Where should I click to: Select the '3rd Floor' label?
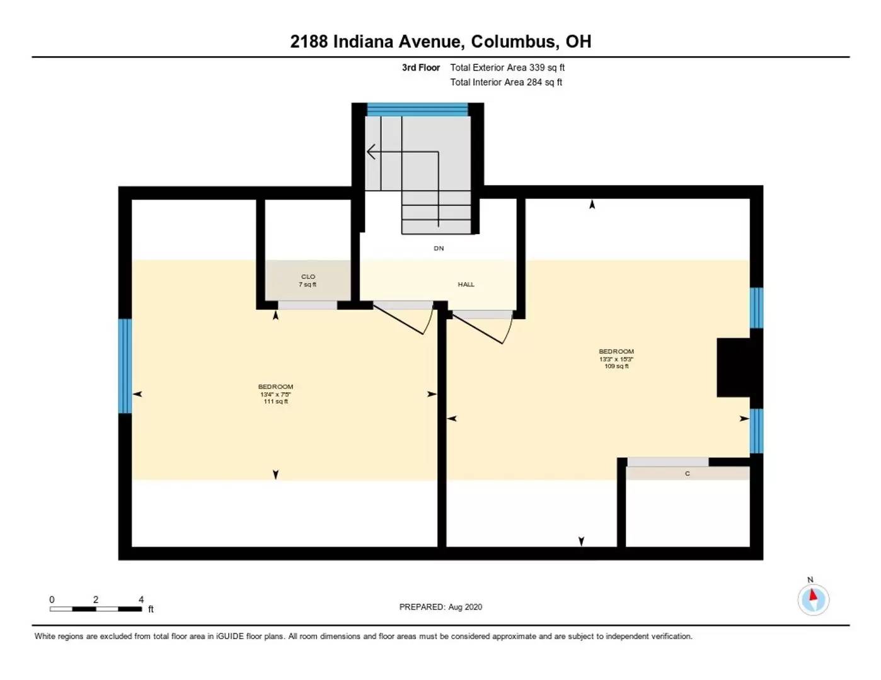tap(420, 67)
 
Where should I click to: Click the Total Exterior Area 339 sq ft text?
tap(507, 67)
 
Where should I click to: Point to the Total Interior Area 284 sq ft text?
tap(505, 82)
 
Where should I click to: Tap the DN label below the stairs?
tap(439, 248)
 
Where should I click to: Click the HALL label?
tap(466, 285)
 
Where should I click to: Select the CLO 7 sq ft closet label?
tap(308, 281)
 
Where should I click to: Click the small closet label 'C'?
tap(687, 473)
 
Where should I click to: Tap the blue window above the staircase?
tap(417, 110)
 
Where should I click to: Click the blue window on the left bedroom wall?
tap(125, 366)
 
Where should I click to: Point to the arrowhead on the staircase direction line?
tap(371, 152)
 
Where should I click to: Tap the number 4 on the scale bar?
tap(141, 599)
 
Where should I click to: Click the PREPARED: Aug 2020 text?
tap(440, 607)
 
